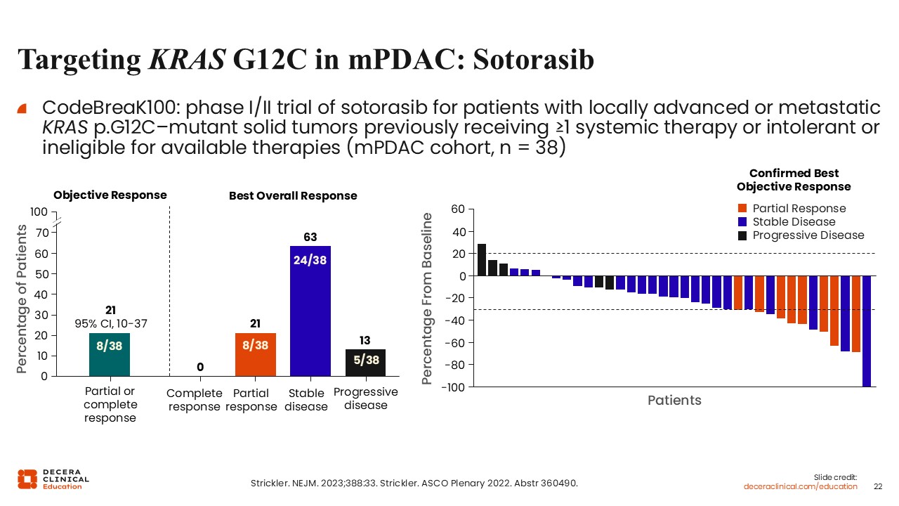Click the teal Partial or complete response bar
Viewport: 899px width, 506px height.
tap(110, 354)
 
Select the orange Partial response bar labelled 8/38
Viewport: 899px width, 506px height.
tap(256, 354)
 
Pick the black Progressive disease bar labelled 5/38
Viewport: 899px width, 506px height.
tap(365, 363)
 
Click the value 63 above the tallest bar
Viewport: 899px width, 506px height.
tap(310, 236)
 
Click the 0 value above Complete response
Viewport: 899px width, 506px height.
tap(200, 367)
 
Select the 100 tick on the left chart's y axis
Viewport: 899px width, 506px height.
tap(39, 212)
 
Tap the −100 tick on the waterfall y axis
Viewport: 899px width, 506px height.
tap(452, 387)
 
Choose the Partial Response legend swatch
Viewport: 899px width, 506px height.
tap(742, 209)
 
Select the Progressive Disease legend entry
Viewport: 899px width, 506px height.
tap(808, 235)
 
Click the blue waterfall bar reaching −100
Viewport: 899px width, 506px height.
tap(867, 331)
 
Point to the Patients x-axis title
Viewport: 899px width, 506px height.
tap(674, 401)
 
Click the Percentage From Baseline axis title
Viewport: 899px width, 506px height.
tap(427, 299)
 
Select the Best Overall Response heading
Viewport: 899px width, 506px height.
tap(293, 196)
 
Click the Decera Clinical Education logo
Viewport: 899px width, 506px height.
tap(53, 479)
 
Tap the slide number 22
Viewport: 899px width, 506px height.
tap(877, 486)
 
